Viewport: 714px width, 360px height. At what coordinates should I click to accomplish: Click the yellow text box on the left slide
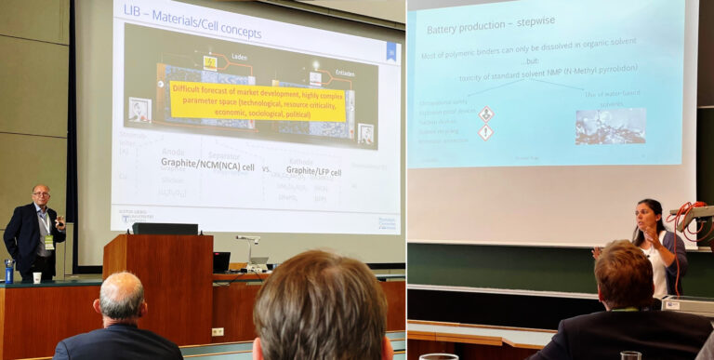point(258,100)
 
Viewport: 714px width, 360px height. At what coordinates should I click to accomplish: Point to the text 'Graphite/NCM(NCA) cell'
point(207,167)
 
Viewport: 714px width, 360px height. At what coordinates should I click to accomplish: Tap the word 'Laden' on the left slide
point(239,57)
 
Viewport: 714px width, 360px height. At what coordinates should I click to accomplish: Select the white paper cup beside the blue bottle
point(36,276)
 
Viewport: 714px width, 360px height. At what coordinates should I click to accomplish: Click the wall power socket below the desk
point(218,331)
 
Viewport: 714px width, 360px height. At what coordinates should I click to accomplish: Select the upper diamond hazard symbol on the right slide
point(485,113)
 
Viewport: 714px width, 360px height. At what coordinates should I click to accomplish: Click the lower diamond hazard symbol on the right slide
point(485,133)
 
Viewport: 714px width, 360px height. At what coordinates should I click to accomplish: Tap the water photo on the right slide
point(610,126)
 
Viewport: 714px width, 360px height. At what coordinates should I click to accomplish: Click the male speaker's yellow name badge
point(47,242)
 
